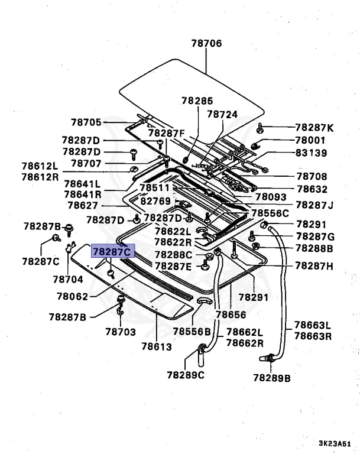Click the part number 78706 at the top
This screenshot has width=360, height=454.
(206, 43)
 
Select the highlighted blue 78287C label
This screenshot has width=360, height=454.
(113, 252)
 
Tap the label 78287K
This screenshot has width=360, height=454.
(314, 127)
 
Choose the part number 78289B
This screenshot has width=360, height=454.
(273, 377)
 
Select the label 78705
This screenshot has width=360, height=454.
(86, 122)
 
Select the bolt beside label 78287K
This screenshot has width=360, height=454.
(261, 127)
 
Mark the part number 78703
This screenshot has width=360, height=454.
(121, 332)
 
